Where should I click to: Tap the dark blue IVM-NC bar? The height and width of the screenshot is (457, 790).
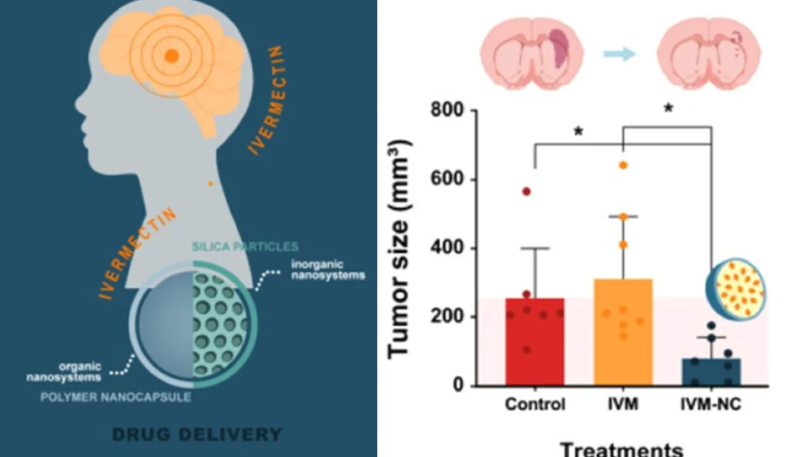[x=711, y=373]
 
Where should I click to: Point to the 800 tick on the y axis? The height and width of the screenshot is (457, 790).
[x=452, y=111]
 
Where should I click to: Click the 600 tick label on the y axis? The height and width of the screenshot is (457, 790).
[x=452, y=180]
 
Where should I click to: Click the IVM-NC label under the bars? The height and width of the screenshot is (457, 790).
[x=711, y=405]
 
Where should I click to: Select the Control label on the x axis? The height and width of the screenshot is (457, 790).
[x=535, y=405]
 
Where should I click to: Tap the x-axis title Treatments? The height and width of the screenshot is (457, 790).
[x=621, y=448]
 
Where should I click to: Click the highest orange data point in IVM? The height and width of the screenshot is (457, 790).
[x=623, y=165]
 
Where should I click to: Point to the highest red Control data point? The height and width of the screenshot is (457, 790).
[x=526, y=191]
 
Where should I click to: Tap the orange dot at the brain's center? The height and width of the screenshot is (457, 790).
[x=170, y=56]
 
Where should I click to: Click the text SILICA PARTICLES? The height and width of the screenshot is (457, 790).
[x=244, y=247]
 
